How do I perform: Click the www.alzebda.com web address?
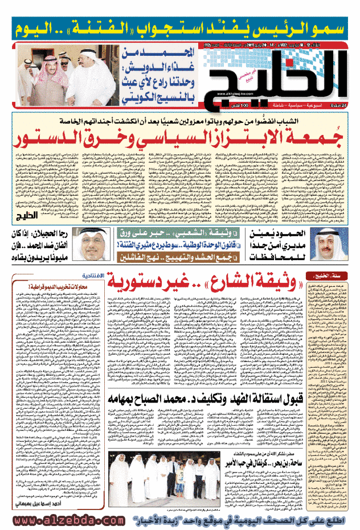tap(57, 521)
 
